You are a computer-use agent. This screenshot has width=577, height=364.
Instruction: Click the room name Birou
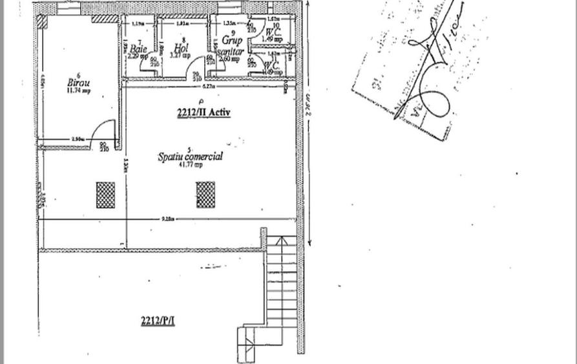pos(78,83)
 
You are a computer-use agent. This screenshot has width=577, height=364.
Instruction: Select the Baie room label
pos(138,48)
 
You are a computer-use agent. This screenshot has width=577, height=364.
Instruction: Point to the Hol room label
pos(180,48)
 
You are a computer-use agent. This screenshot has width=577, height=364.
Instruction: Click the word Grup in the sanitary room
pos(231,40)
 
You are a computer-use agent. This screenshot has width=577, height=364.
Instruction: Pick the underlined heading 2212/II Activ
pos(204,112)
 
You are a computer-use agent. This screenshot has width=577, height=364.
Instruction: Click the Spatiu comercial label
pos(191,156)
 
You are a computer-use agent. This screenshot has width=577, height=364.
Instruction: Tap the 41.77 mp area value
pos(191,165)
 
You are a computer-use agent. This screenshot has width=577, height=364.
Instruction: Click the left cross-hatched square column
pos(105,195)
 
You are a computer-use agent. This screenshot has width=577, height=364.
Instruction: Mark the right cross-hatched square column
pos(205,194)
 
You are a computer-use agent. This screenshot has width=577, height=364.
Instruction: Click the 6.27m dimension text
pos(207,86)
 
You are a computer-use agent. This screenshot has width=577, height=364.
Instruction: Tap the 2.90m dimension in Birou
pos(78,140)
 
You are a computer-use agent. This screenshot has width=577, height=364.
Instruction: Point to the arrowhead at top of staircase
pos(281,241)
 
